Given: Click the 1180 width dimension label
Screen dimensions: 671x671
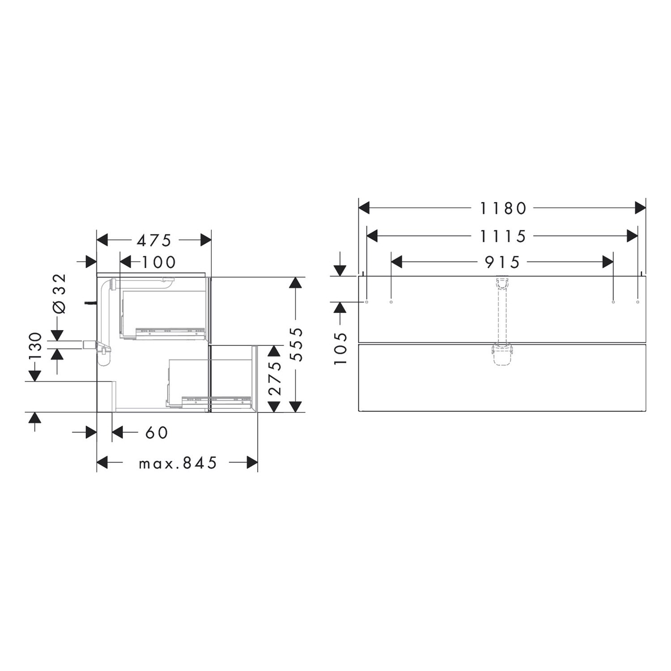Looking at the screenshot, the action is [x=503, y=208].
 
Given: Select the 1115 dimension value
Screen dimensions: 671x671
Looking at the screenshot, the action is [x=503, y=236].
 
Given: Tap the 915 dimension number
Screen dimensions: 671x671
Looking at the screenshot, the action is [x=503, y=262].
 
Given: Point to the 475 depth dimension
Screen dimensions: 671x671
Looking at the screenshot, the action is [x=154, y=241].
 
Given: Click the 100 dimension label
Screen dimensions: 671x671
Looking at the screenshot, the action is [x=159, y=262].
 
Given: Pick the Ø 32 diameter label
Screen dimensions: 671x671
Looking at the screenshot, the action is [x=59, y=293].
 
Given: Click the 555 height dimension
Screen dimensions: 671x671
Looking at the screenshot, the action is [x=296, y=344].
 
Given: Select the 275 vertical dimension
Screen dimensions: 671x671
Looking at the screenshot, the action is [x=274, y=378].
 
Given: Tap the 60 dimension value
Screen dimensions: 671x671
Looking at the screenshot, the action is [x=157, y=433].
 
